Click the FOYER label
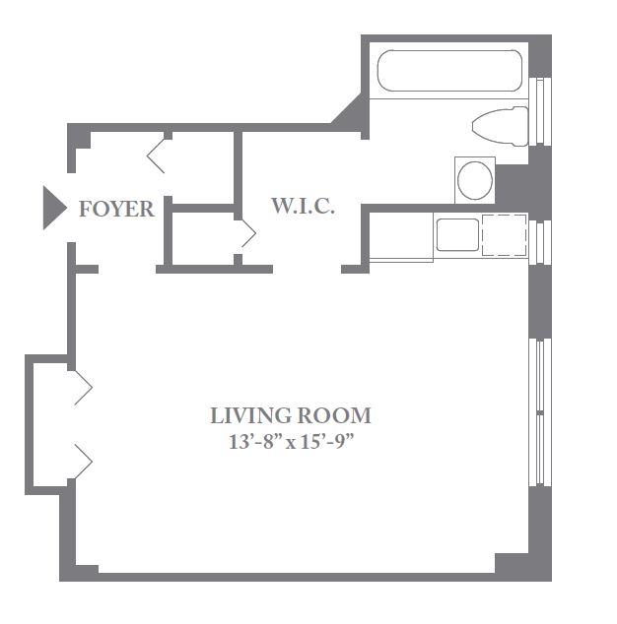116,209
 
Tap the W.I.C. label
303,206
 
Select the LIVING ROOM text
291,415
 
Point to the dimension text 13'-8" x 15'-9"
292,442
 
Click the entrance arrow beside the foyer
53,208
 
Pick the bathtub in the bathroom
449,71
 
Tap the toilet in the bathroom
501,126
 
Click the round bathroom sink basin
475,180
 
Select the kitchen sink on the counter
457,235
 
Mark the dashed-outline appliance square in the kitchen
505,235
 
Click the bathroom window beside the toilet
540,110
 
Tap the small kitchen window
540,242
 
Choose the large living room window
540,412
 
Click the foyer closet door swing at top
157,156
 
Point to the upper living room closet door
84,388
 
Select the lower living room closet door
84,462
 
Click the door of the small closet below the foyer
248,233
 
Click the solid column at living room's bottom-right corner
512,564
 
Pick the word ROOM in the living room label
334,415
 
